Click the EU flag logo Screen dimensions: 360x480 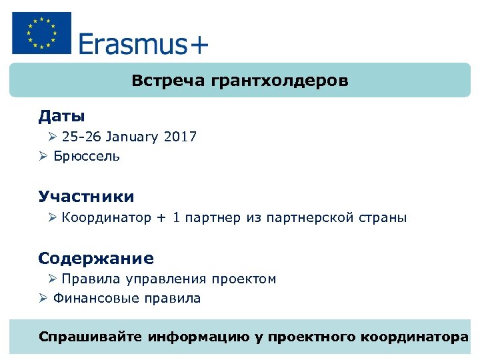click(x=41, y=33)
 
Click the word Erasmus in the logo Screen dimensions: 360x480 click(x=132, y=44)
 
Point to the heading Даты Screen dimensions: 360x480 click(x=61, y=116)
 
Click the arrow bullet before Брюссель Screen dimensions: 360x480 click(x=43, y=157)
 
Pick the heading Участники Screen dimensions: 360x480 click(x=86, y=197)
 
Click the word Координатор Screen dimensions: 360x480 click(x=107, y=218)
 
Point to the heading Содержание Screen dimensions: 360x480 click(x=96, y=258)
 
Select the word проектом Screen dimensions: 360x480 click(x=243, y=279)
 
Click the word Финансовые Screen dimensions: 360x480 click(x=92, y=299)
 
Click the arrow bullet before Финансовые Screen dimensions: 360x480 click(x=43, y=299)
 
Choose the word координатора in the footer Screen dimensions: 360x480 click(x=414, y=337)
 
